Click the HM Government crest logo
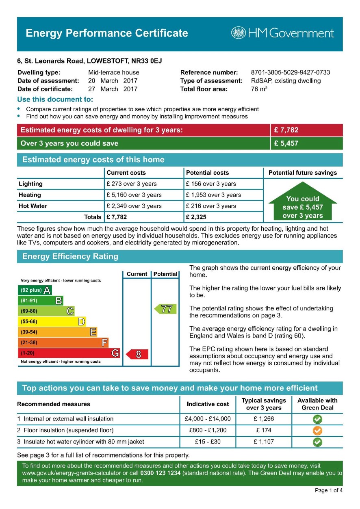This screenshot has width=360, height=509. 239,33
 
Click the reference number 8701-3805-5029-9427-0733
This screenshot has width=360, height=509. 291,73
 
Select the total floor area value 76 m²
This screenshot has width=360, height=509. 259,89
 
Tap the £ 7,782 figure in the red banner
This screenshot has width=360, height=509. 286,130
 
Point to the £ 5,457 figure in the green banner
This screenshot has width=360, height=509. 286,143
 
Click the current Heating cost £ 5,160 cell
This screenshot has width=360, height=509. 134,195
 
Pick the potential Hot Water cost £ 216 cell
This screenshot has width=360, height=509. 211,206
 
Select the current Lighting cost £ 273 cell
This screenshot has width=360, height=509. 131,184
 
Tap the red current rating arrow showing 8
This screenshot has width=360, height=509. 137,354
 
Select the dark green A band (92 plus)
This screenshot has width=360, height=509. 35,290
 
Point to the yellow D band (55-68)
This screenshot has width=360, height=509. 52,322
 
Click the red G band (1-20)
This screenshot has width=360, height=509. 69,353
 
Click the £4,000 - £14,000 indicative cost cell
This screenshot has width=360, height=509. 207,419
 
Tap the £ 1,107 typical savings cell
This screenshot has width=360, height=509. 264,442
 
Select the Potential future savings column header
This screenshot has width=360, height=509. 303,173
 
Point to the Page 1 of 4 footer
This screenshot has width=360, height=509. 328,490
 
